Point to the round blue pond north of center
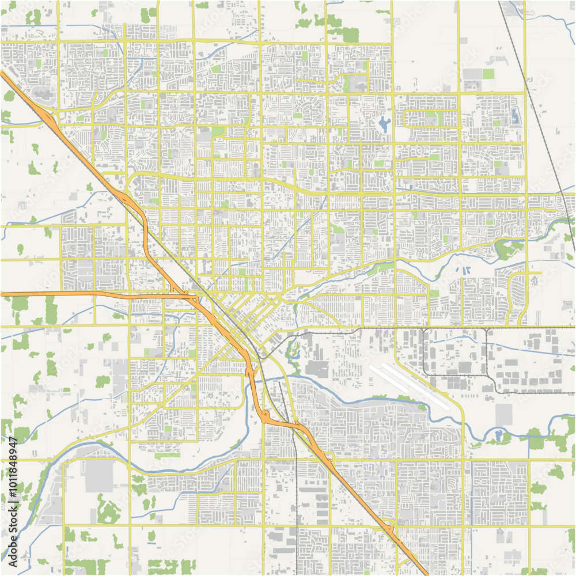384,122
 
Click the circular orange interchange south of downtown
266,415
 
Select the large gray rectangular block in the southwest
99,476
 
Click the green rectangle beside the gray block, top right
488,74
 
